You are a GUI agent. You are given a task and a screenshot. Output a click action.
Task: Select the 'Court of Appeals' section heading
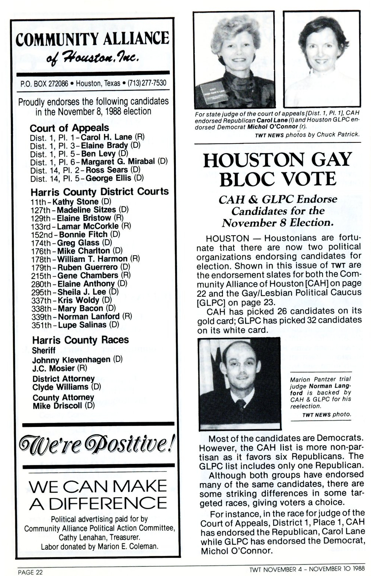pos(69,128)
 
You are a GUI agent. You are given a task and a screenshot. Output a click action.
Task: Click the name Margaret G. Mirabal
pos(118,162)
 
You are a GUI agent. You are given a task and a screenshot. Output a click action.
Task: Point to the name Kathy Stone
pos(76,202)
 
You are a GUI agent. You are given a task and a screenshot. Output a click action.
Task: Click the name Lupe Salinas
pos(82,325)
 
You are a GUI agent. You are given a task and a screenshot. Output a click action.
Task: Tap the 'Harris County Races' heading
pos(80,340)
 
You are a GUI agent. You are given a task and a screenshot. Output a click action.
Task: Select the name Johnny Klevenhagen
pos(71,360)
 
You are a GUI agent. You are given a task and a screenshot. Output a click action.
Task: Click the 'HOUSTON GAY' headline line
pos(277,160)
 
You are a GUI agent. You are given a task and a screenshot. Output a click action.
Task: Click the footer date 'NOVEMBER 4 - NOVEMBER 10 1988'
pos(313,569)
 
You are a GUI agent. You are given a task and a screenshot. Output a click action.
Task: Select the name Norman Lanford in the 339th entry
pos(88,317)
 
